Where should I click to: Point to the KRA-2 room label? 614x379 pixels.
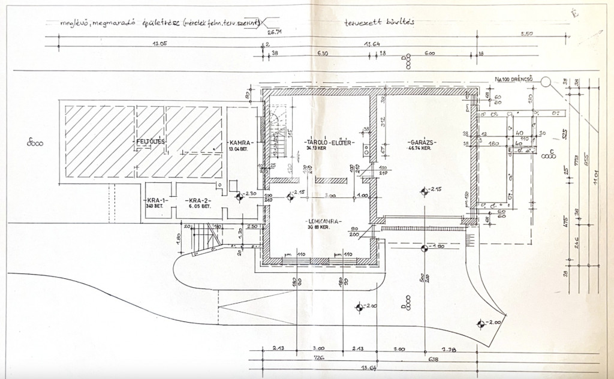[x=196, y=201]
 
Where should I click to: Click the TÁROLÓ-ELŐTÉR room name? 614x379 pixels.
[x=329, y=143]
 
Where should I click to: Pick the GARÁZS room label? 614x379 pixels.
[x=420, y=142]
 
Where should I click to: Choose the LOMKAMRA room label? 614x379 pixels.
[x=322, y=221]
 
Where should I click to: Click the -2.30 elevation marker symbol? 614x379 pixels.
[x=238, y=195]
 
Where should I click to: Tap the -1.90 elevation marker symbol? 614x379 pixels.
[x=424, y=247]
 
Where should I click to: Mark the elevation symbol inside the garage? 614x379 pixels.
[x=425, y=191]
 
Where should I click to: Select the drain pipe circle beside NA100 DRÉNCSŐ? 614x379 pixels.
[x=545, y=81]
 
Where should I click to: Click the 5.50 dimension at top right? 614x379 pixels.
[x=526, y=34]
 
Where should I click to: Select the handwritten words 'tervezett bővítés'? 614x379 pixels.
[x=380, y=23]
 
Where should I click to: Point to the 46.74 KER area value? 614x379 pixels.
[x=420, y=148]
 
